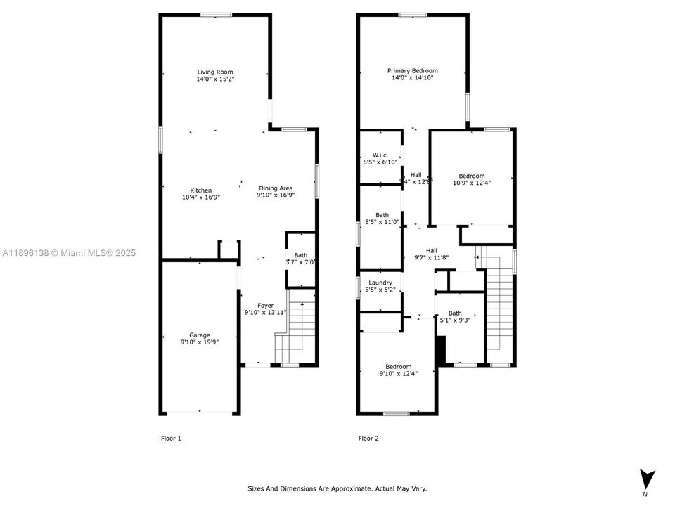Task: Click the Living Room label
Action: [x=215, y=72]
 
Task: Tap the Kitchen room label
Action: [x=201, y=190]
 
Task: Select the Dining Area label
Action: [x=276, y=188]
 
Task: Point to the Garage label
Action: [x=199, y=335]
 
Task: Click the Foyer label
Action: [x=265, y=305]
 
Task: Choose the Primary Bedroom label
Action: [x=413, y=70]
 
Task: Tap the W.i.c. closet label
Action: [x=380, y=155]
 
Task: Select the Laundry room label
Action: [x=380, y=283]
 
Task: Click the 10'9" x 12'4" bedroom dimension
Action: [x=472, y=183]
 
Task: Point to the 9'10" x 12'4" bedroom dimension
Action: [x=398, y=373]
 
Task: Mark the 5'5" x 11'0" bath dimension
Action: [x=382, y=222]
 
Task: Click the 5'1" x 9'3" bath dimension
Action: [x=456, y=320]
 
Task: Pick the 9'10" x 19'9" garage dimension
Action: [x=199, y=342]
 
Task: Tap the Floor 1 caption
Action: [x=171, y=439]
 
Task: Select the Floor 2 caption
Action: [x=368, y=439]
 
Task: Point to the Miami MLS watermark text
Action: [x=69, y=253]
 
